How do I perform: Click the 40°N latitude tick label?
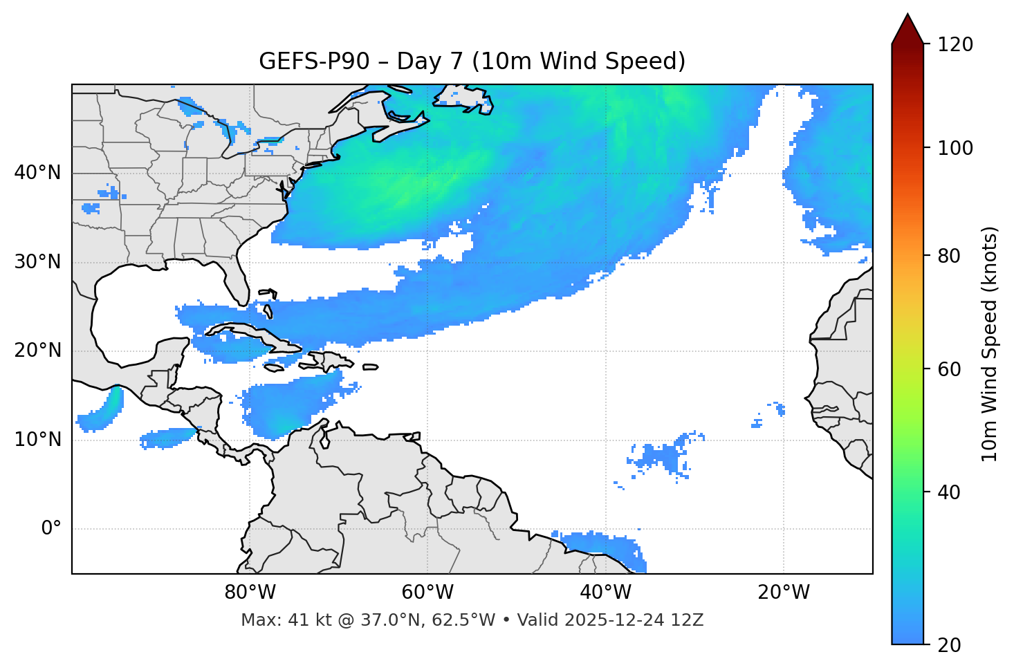pyautogui.click(x=37, y=173)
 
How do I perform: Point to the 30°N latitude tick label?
pyautogui.click(x=37, y=262)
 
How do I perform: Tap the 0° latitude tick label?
pyautogui.click(x=51, y=529)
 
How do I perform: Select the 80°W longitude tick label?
pyautogui.click(x=250, y=593)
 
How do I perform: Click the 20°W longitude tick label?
pyautogui.click(x=784, y=593)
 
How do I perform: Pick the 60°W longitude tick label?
pyautogui.click(x=427, y=593)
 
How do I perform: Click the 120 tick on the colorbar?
pyautogui.click(x=955, y=45)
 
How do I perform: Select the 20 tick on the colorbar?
pyautogui.click(x=950, y=645)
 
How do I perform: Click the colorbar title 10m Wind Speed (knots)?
pyautogui.click(x=990, y=344)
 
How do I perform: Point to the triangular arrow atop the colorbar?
pyautogui.click(x=907, y=30)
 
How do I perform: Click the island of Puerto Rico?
pyautogui.click(x=371, y=367)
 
